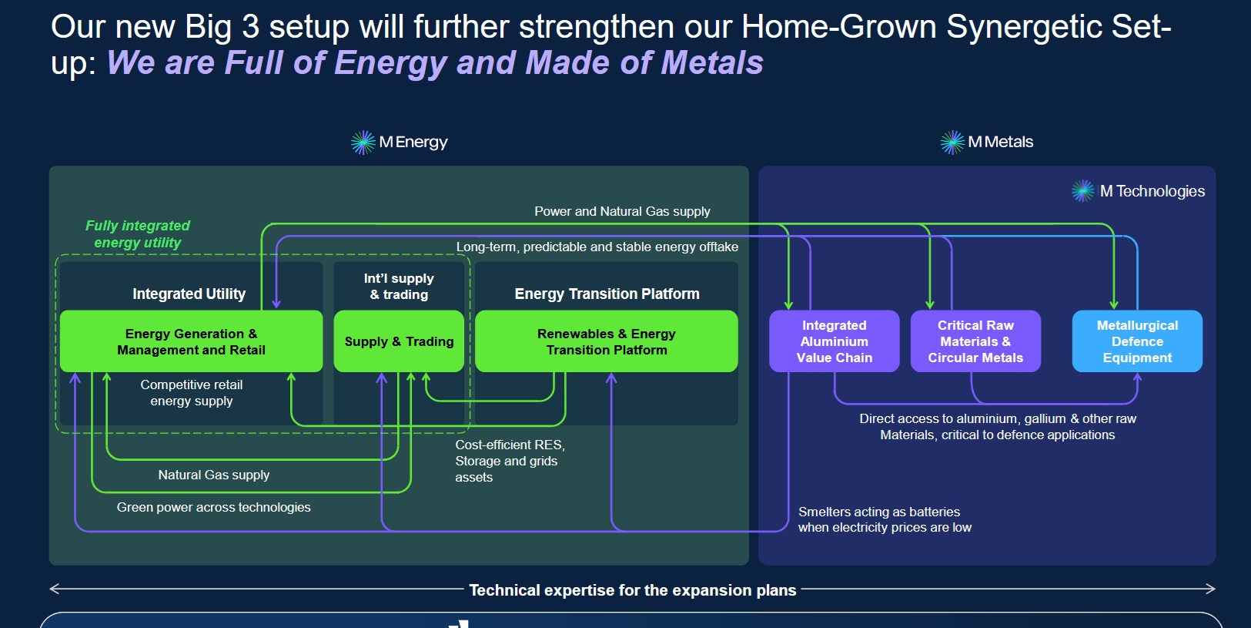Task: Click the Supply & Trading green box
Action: [x=399, y=341]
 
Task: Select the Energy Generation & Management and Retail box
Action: [x=191, y=341]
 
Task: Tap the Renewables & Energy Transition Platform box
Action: [x=607, y=341]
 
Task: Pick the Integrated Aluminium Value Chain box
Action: [x=835, y=341]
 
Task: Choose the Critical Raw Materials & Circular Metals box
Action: [x=975, y=341]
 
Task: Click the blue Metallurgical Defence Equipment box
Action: [x=1137, y=341]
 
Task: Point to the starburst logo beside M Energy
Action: [x=363, y=143]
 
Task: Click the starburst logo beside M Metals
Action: [x=952, y=143]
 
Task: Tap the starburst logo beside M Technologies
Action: [x=1083, y=191]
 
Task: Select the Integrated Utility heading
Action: [x=189, y=294]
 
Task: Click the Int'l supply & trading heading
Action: [x=399, y=287]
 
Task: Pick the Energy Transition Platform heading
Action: [x=607, y=294]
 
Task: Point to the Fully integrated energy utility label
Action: [x=137, y=233]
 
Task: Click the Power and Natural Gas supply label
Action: [x=622, y=211]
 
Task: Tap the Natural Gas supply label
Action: [x=214, y=475]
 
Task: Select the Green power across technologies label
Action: [x=213, y=507]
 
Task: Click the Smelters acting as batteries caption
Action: [x=885, y=519]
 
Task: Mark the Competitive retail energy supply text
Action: [x=192, y=392]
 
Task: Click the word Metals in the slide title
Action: [x=712, y=62]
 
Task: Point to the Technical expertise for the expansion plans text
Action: [x=633, y=590]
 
